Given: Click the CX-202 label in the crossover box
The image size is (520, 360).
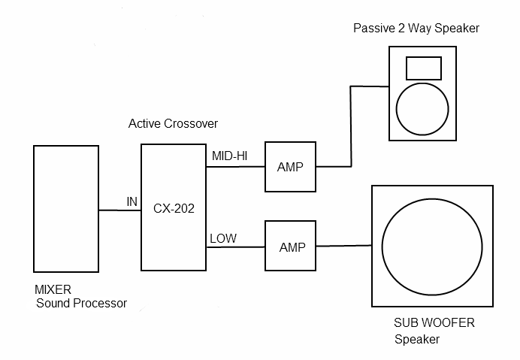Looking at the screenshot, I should (174, 209).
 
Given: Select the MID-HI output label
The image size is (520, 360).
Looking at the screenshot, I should (229, 155).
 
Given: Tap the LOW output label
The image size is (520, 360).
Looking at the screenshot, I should (223, 238).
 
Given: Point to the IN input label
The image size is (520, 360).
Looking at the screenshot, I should (132, 201).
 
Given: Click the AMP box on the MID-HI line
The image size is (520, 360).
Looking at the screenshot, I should (290, 167).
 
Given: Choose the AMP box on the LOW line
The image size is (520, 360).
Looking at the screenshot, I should (291, 247).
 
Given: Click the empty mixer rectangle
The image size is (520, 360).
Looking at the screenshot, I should (66, 208).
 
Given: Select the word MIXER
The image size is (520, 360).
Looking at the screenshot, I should (53, 290).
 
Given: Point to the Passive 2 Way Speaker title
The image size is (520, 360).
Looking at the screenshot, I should (416, 28).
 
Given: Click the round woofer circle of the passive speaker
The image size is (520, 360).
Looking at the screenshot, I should (421, 107).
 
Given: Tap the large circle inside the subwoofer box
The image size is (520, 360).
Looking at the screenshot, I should (432, 246).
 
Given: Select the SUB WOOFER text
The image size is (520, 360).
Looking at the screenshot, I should (434, 323).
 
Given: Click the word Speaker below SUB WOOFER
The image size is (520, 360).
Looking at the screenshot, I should (417, 340).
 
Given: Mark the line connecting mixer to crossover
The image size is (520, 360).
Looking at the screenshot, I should (120, 210).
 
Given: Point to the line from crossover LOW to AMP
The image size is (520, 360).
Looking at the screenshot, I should (236, 247).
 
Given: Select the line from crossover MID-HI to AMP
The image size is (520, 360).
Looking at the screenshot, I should (236, 166).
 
